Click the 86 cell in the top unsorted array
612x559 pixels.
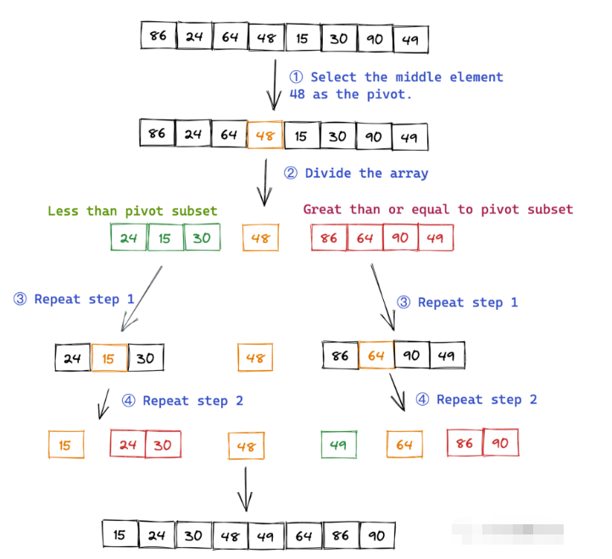pyautogui.click(x=159, y=36)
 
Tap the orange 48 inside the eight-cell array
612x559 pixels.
pyautogui.click(x=265, y=136)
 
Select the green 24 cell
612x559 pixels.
pyautogui.click(x=128, y=238)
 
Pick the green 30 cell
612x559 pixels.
pyautogui.click(x=202, y=238)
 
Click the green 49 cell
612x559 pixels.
pyautogui.click(x=339, y=445)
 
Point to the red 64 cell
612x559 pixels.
pyautogui.click(x=364, y=238)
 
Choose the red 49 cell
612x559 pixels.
pyautogui.click(x=436, y=238)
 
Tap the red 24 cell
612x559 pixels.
pyautogui.click(x=128, y=444)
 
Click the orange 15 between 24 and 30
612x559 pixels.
pyautogui.click(x=108, y=358)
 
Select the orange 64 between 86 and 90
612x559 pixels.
pyautogui.click(x=376, y=356)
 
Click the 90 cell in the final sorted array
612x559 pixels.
pyautogui.click(x=377, y=535)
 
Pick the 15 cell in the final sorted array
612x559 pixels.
pyautogui.click(x=120, y=534)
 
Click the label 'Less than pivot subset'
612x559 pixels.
pyautogui.click(x=132, y=211)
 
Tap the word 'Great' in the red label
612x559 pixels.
pyautogui.click(x=322, y=209)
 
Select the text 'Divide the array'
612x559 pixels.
pyautogui.click(x=366, y=173)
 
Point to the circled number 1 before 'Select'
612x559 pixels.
pyautogui.click(x=298, y=77)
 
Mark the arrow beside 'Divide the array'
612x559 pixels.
pyautogui.click(x=264, y=180)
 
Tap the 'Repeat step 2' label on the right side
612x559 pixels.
pyautogui.click(x=487, y=400)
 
